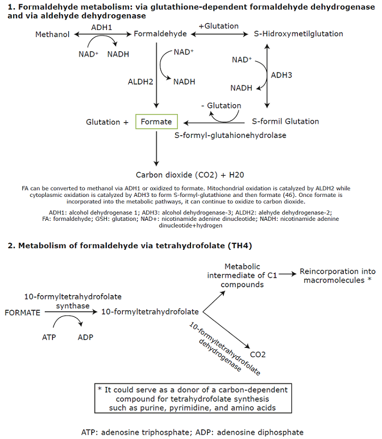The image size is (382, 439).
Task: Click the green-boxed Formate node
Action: coord(156,122)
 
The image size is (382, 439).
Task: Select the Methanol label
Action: coord(52,34)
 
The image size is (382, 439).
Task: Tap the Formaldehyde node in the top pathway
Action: coord(160,34)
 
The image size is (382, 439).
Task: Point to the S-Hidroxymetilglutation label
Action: coord(299,34)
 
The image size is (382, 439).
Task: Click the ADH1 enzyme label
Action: coord(102,26)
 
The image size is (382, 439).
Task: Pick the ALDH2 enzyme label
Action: coord(140,82)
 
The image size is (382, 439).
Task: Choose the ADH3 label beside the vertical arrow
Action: coord(282,75)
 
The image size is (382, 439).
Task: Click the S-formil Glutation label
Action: coord(285,122)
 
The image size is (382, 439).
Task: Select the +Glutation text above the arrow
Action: coord(218,26)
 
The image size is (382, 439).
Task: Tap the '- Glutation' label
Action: coord(220,106)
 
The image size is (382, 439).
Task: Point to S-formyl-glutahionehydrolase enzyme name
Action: coord(230,135)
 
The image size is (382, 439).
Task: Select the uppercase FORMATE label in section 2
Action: coord(22,312)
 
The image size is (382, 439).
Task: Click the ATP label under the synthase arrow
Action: coord(49,337)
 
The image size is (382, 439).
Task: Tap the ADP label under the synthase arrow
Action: coord(86,337)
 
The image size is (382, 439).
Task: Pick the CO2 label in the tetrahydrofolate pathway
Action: coord(258,355)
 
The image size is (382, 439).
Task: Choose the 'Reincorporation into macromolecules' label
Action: coord(337,275)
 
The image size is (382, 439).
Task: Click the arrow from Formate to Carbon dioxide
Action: coord(157,148)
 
